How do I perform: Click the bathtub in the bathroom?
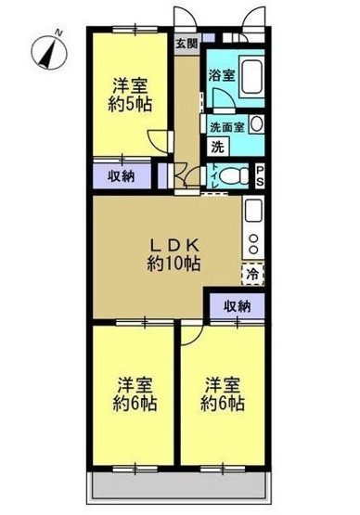pos(251,81)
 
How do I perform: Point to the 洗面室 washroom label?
pos(226,126)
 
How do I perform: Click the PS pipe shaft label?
pos(261,174)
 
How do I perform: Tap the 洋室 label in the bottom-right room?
pos(224,385)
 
